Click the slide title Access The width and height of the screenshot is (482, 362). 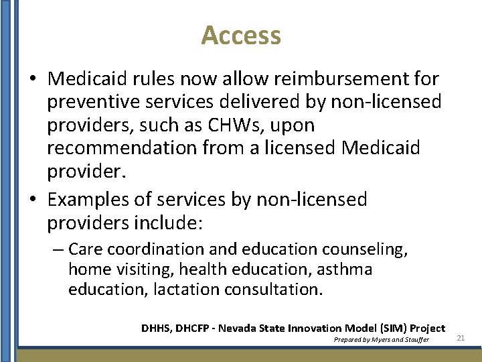click(241, 35)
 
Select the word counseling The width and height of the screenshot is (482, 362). click(365, 249)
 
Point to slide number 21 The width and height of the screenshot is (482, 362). click(461, 338)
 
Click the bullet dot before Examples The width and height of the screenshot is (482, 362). click(33, 200)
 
